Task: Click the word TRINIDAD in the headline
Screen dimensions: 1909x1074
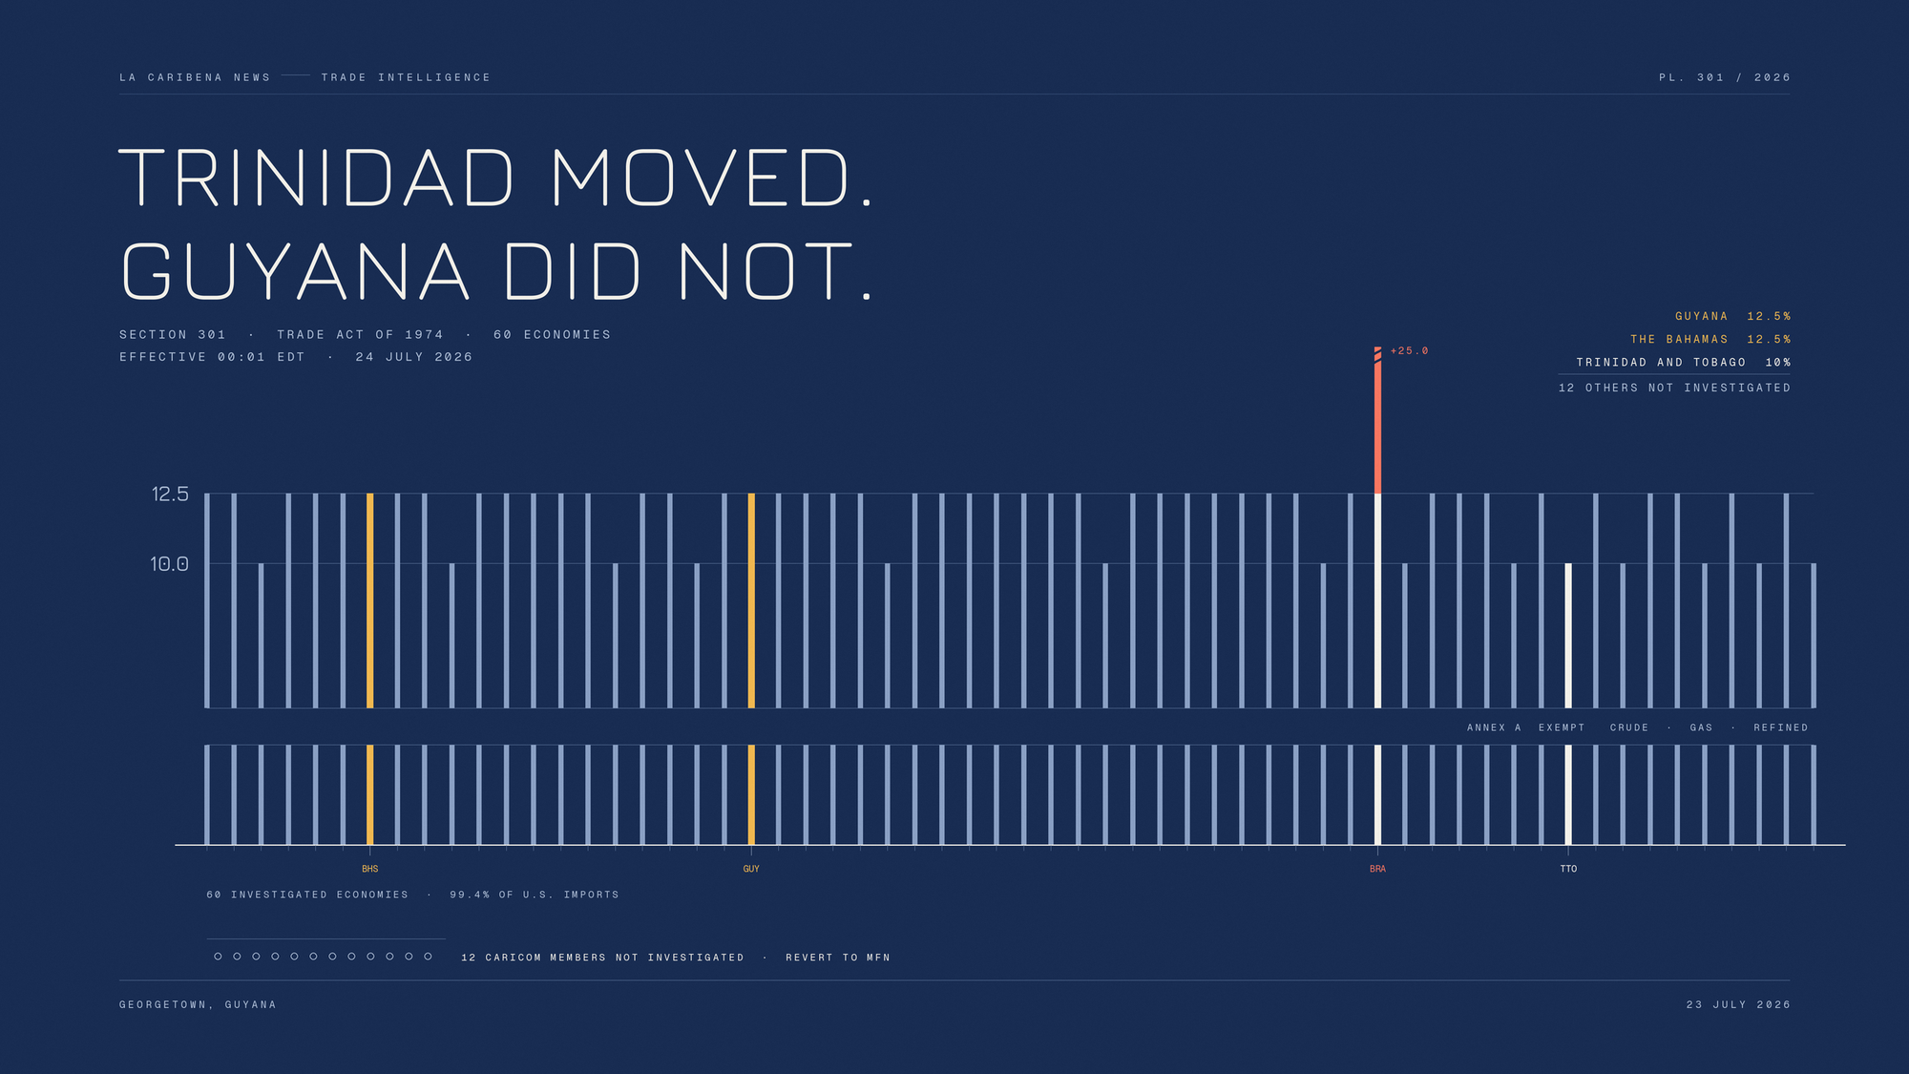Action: [317, 178]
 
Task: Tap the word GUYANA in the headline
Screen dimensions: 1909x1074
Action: [296, 271]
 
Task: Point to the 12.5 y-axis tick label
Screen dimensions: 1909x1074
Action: [170, 494]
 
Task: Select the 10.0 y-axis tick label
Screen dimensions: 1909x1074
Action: [169, 563]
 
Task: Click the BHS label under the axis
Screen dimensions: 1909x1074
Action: [370, 869]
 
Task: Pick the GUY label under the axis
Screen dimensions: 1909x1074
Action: [751, 869]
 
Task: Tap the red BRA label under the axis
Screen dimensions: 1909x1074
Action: [1377, 869]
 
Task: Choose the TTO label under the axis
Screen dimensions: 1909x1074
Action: [1568, 869]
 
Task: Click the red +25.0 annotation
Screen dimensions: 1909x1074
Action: [1409, 351]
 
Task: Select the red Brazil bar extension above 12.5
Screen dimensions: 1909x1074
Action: [1377, 420]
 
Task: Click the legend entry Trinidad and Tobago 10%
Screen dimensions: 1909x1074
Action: [1684, 363]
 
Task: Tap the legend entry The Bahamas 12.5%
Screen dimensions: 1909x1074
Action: [1710, 340]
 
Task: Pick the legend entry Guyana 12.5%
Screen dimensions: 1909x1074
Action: [1733, 317]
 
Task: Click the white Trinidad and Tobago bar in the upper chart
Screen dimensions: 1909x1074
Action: [1568, 636]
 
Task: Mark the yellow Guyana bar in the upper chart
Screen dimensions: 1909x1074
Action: [751, 600]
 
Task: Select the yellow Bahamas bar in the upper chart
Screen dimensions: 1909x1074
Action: [370, 600]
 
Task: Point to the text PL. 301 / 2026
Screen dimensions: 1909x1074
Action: [1725, 77]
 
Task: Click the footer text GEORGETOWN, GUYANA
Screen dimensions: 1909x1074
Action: [198, 1004]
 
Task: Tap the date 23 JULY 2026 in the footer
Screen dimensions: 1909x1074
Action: [1738, 1004]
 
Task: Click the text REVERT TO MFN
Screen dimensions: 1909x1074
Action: [838, 958]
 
